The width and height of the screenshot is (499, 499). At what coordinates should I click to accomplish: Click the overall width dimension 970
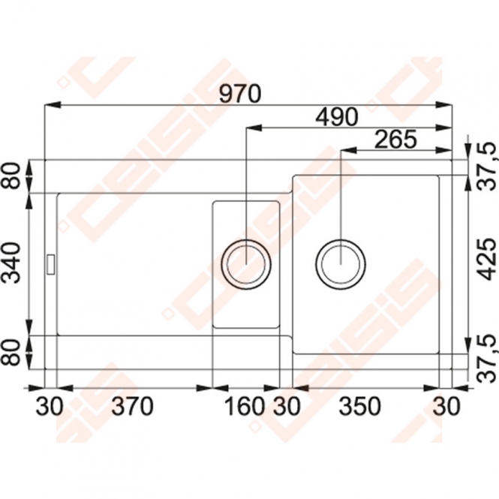(x=240, y=94)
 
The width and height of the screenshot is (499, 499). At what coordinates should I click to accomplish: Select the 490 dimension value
(x=337, y=116)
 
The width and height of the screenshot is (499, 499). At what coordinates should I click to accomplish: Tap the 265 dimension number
(x=395, y=140)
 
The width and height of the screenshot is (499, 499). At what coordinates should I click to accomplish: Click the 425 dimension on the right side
(x=487, y=259)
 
